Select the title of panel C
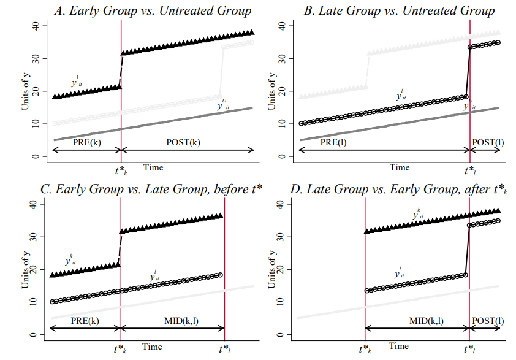[151, 189]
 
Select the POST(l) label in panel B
[488, 143]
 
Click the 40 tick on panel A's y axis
[35, 26]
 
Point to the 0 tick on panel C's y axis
[35, 335]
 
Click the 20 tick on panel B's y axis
[282, 91]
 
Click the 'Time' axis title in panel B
[400, 167]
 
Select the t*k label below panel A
[121, 171]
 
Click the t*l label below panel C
[225, 350]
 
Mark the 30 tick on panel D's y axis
[282, 237]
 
